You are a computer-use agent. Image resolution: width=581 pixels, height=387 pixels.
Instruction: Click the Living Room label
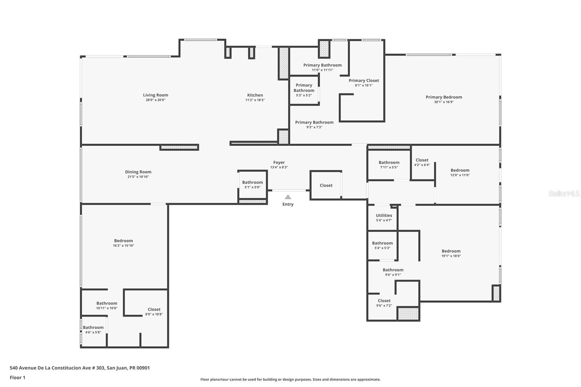click(155, 95)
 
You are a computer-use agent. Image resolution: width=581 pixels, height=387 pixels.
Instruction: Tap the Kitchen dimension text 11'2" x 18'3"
click(255, 100)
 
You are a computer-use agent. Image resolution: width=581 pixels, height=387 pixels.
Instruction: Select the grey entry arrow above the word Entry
click(288, 197)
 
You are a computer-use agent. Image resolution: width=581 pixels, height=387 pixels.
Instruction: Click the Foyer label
click(279, 163)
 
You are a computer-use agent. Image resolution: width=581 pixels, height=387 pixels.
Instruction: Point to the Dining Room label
click(138, 172)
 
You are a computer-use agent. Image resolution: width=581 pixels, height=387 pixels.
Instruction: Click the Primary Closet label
click(363, 81)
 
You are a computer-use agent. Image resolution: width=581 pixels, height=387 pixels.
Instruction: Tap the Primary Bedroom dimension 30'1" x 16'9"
click(444, 102)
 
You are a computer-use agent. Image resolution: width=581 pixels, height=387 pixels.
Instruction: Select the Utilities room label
click(384, 215)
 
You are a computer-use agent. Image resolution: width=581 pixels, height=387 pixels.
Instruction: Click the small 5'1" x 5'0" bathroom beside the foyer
click(252, 184)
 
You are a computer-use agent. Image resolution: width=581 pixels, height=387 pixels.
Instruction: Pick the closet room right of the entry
click(326, 185)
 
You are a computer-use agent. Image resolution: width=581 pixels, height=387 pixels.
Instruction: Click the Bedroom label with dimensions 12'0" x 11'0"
click(460, 170)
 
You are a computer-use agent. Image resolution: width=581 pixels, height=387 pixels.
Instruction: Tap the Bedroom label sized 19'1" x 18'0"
click(451, 251)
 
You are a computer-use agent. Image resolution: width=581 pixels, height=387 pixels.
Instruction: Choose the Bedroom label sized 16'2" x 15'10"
click(123, 241)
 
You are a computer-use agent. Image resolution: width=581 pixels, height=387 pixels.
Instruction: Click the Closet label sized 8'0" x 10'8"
click(154, 309)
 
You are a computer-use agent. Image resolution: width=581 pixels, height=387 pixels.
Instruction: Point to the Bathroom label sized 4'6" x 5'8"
click(93, 327)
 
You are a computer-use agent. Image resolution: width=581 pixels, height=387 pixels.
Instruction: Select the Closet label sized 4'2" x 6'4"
click(422, 160)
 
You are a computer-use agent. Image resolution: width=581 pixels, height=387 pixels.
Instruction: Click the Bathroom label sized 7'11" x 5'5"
click(389, 163)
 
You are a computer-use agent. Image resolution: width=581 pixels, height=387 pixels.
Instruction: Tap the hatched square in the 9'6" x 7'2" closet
click(408, 314)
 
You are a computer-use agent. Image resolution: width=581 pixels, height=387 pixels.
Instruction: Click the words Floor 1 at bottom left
click(17, 378)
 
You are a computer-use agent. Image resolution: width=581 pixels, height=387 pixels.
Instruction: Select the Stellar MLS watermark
click(564, 194)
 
